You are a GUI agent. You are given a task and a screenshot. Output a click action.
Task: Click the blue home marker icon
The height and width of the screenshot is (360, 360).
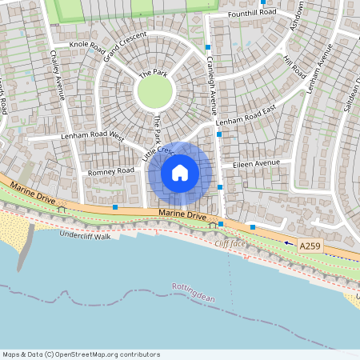(180, 173)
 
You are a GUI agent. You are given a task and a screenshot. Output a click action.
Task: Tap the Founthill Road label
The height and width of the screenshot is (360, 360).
(250, 13)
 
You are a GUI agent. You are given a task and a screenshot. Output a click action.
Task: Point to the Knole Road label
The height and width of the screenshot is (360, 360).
(87, 49)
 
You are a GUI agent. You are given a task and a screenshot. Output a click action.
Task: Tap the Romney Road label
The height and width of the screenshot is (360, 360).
(111, 171)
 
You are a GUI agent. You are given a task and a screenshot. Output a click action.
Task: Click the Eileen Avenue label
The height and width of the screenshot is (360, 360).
(256, 163)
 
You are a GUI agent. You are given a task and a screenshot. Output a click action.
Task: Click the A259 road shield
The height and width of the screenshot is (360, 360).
(311, 246)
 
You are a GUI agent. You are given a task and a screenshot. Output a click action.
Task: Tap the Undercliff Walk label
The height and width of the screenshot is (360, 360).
(84, 234)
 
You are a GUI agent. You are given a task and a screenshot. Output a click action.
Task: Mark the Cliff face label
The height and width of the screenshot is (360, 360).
(230, 242)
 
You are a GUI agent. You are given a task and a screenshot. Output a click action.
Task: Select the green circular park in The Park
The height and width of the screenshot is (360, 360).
(155, 92)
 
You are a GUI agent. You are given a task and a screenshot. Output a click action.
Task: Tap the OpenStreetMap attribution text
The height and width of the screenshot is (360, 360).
(81, 354)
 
